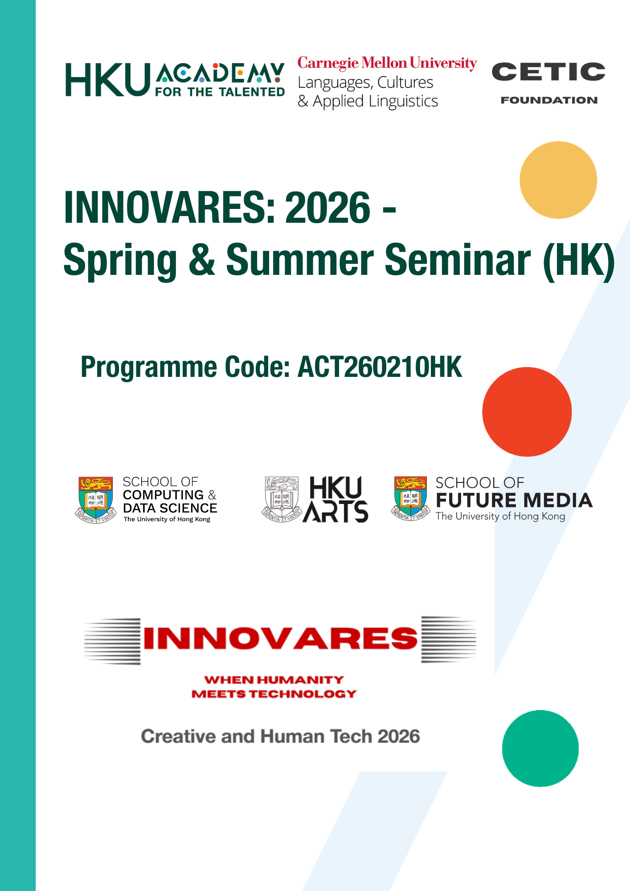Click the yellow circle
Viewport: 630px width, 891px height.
point(558,180)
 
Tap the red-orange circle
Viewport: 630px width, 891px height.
point(527,412)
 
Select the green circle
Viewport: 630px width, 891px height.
point(540,748)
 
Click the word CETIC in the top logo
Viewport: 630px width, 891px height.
point(548,72)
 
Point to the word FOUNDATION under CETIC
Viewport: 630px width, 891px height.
point(549,100)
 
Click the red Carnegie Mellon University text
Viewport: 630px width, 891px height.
point(387,63)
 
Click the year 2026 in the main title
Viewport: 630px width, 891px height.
point(327,207)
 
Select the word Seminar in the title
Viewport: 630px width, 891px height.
point(458,260)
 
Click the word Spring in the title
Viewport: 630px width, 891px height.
point(120,262)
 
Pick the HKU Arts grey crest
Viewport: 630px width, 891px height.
point(281,499)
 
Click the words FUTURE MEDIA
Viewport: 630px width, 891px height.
point(514,500)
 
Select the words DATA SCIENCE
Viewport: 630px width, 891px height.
point(170,508)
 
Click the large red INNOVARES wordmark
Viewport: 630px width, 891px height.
point(281,638)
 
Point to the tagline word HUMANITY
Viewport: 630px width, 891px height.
point(300,680)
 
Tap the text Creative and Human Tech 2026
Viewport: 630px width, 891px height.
point(280,736)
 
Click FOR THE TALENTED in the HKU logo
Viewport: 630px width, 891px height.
point(220,92)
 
